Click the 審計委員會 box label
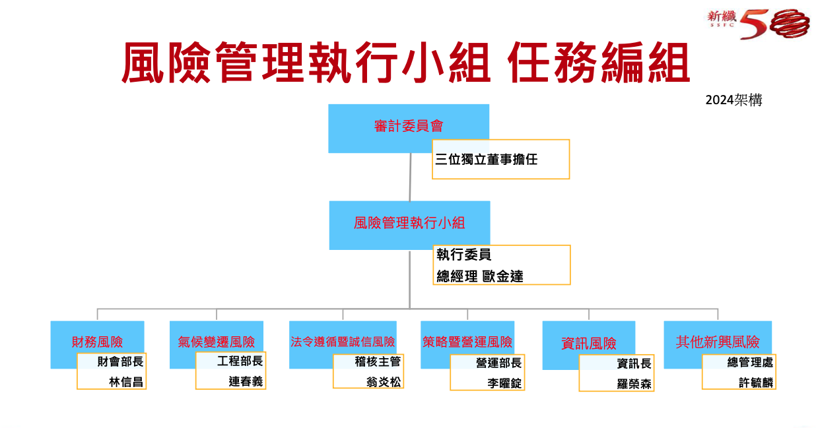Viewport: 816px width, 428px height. [409, 126]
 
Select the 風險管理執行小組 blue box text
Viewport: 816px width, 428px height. [409, 223]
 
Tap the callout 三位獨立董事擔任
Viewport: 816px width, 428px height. [487, 160]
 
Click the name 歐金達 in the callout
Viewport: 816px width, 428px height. [502, 276]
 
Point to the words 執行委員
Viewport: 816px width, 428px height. [463, 255]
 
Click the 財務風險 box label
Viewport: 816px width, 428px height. [97, 342]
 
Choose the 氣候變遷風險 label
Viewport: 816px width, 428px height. [217, 342]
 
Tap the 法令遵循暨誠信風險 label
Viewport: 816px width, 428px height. [343, 342]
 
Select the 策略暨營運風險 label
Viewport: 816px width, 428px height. [467, 342]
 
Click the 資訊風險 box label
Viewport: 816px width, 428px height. [589, 343]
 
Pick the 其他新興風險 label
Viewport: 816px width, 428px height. [718, 342]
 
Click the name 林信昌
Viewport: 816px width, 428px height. [126, 382]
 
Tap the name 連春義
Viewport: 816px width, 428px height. [246, 381]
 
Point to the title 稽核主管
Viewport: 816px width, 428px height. [378, 361]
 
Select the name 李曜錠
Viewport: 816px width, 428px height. [504, 383]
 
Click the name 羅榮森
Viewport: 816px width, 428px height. [634, 384]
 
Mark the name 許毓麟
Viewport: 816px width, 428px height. [756, 382]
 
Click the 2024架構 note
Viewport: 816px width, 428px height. [733, 100]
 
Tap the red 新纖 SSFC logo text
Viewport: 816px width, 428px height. [722, 18]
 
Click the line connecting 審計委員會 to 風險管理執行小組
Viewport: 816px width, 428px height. [410, 177]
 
